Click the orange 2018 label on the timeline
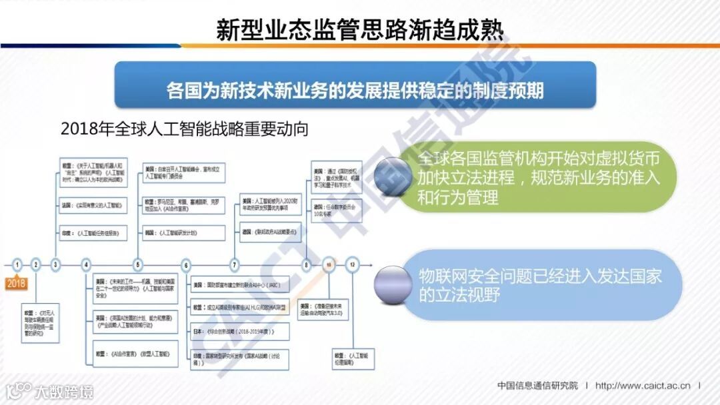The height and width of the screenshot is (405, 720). pyautogui.click(x=16, y=282)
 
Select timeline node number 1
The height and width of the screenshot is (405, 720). pyautogui.click(x=17, y=264)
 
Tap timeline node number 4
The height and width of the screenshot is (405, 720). pyautogui.click(x=86, y=264)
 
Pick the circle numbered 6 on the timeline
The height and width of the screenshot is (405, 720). pyautogui.click(x=186, y=264)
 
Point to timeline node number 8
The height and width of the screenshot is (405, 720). pyautogui.click(x=307, y=264)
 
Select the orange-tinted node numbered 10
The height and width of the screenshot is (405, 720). pyautogui.click(x=328, y=264)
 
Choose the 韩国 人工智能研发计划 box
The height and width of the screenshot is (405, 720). pyautogui.click(x=183, y=232)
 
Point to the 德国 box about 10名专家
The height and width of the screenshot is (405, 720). pyautogui.click(x=340, y=212)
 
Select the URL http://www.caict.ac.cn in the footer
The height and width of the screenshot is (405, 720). pyautogui.click(x=644, y=385)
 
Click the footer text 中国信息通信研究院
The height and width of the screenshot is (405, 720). pyautogui.click(x=538, y=385)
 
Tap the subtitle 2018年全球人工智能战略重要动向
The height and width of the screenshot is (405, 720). pyautogui.click(x=184, y=129)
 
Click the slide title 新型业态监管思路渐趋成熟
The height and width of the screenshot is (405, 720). pyautogui.click(x=359, y=29)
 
